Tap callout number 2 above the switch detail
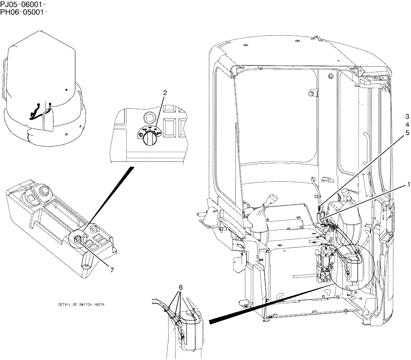(x=165, y=93)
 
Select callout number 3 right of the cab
(x=407, y=116)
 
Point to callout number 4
(x=407, y=125)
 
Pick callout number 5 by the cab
(x=407, y=133)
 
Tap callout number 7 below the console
(x=111, y=270)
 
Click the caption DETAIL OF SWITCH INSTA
(x=81, y=305)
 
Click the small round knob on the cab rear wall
(x=312, y=94)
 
